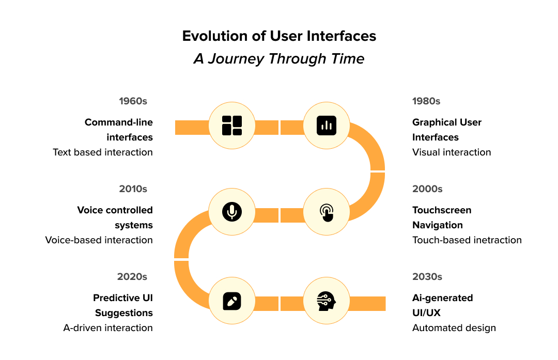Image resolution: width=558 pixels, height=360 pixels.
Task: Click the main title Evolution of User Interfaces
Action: click(x=279, y=36)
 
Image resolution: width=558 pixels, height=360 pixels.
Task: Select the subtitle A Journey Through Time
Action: click(x=279, y=59)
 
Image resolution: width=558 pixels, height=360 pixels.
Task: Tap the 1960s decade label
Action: click(x=133, y=101)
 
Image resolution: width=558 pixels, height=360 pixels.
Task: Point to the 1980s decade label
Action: click(x=426, y=101)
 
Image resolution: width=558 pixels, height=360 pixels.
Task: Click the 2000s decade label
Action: click(x=427, y=189)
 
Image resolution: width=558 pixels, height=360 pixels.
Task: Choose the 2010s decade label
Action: click(x=133, y=189)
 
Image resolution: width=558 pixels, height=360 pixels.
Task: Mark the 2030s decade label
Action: click(x=427, y=277)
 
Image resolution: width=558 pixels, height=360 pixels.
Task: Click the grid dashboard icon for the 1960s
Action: click(x=232, y=126)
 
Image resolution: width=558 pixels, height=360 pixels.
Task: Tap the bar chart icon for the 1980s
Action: click(x=327, y=126)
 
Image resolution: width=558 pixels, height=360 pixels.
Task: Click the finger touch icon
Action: click(x=327, y=212)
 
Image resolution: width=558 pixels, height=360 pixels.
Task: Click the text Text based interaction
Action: click(x=103, y=152)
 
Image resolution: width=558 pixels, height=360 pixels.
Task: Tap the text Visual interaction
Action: click(x=452, y=152)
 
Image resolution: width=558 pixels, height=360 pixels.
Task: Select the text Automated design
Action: click(x=454, y=328)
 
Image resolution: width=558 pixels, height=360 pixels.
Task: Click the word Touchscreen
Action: click(x=442, y=210)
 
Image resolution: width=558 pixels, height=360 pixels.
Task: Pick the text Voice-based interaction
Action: click(x=99, y=240)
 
